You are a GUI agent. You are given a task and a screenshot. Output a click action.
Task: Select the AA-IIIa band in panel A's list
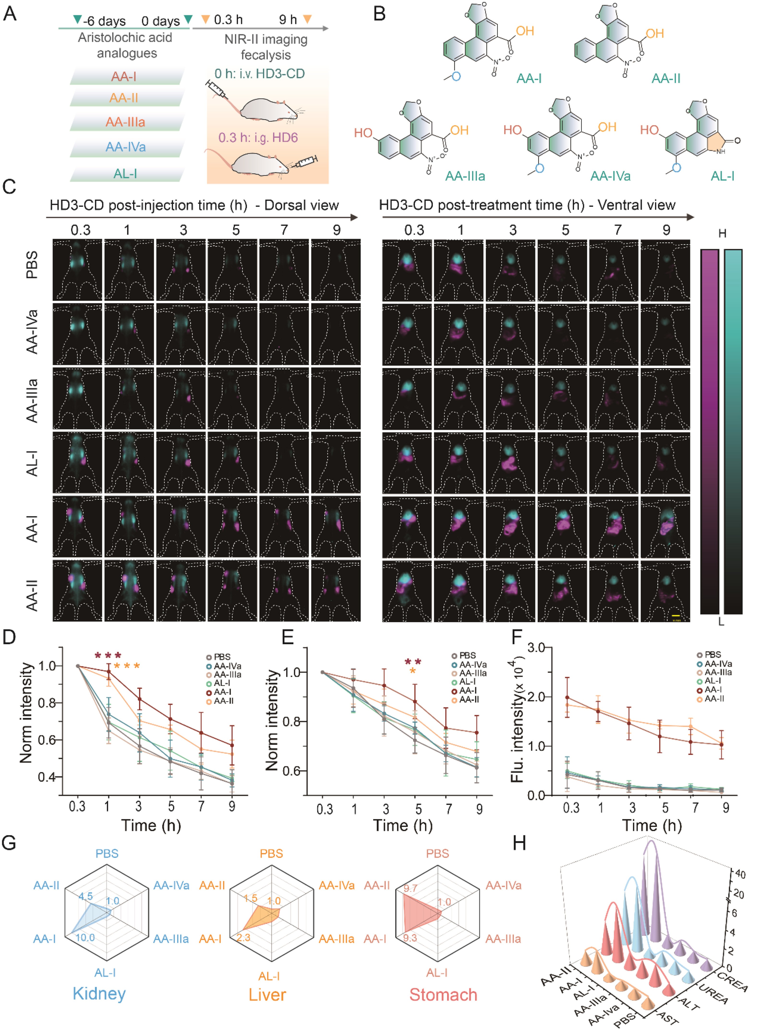pos(125,122)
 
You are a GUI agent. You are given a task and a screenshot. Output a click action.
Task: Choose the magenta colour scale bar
pos(709,431)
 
